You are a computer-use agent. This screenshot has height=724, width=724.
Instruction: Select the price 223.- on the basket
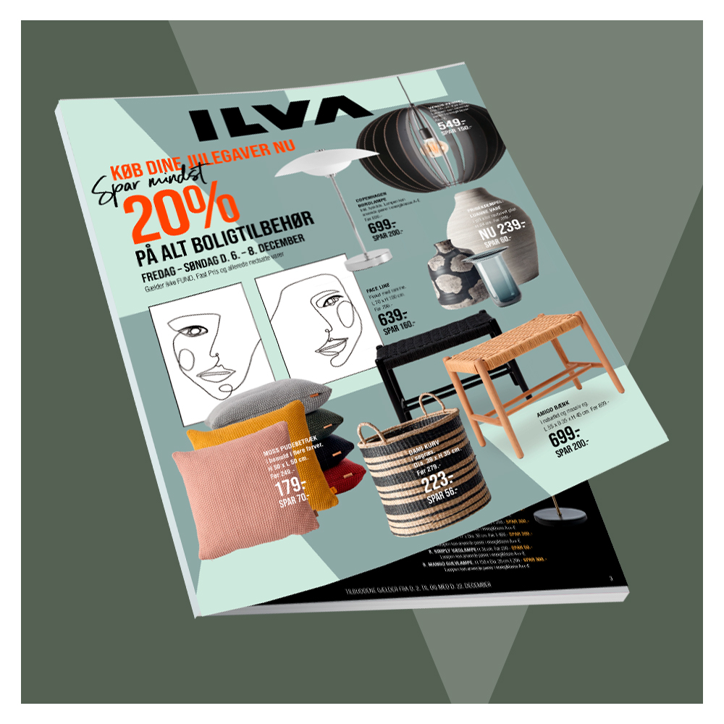[438, 482]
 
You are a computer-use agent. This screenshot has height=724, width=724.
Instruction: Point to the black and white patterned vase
[450, 271]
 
